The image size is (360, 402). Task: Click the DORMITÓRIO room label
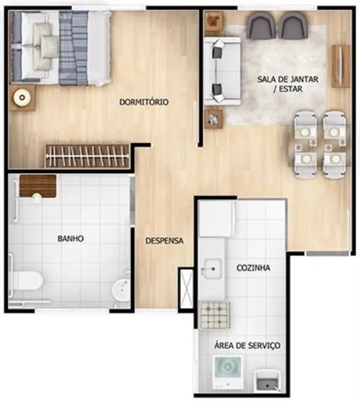coord(144,102)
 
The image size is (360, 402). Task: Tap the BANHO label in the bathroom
coord(71,239)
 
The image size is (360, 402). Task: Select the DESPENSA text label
coord(165,241)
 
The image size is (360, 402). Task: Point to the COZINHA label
coord(254,268)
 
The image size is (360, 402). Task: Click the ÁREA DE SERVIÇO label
coord(247,345)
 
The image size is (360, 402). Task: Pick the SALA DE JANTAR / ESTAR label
coord(288,84)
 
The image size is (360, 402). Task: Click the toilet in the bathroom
coord(25,281)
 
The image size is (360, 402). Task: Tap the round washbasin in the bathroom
coord(121,289)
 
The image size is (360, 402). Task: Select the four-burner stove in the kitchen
coord(215,315)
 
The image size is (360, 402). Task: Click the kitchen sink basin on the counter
coord(213,268)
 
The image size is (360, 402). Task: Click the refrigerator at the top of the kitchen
coord(216,218)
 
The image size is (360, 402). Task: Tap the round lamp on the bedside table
coord(22,98)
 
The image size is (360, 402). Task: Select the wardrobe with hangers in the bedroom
coord(87,156)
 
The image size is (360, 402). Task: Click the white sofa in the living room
coord(222,71)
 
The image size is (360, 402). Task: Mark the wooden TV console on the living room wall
coord(340,66)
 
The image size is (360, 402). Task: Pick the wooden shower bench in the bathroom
coord(38,186)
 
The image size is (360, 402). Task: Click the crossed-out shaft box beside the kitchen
coord(187,288)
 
